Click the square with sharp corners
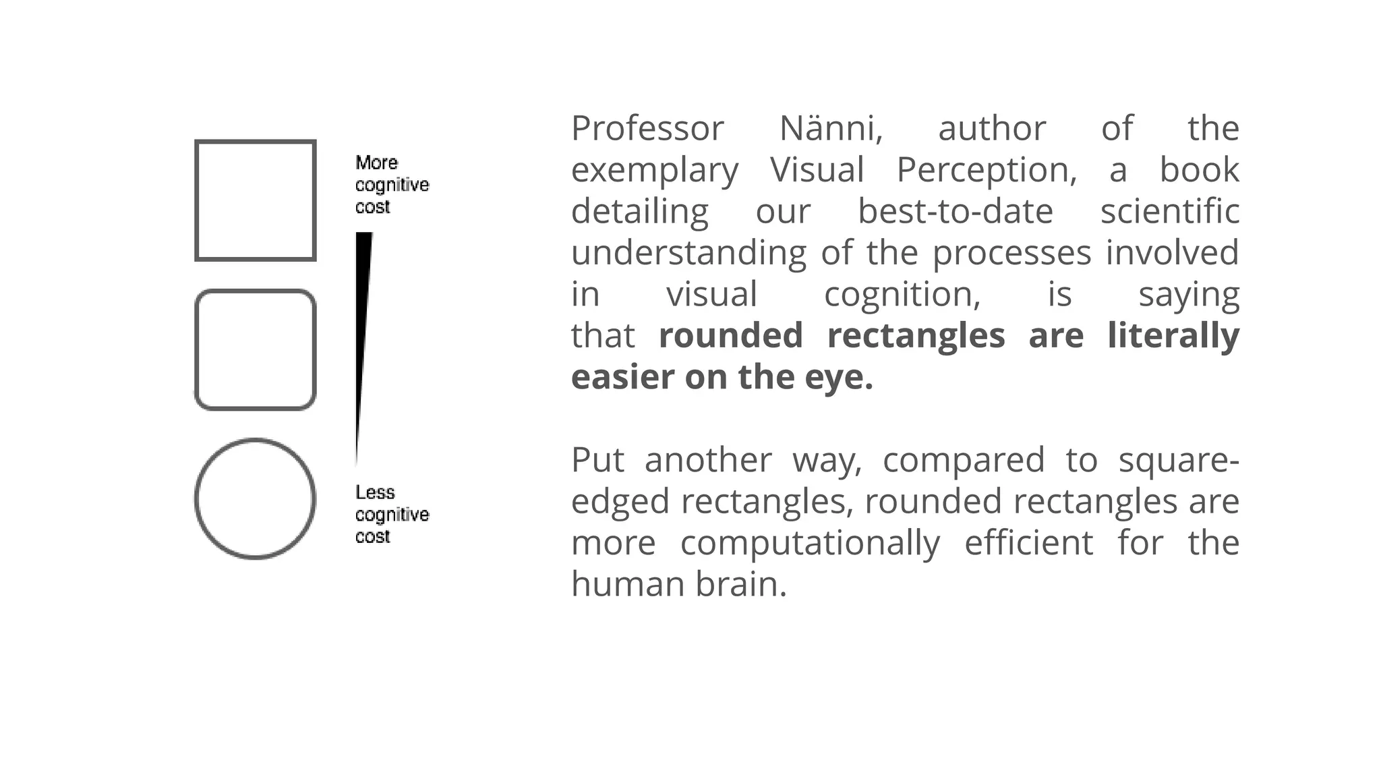(x=256, y=200)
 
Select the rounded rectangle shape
(x=256, y=350)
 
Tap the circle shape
(x=256, y=499)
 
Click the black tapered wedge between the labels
(x=363, y=324)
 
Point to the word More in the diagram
(x=376, y=163)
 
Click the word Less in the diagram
(x=375, y=492)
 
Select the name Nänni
(x=831, y=128)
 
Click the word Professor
(x=647, y=128)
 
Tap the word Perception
(x=987, y=170)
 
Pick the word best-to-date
(x=956, y=211)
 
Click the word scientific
(x=1170, y=211)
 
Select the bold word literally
(x=1173, y=336)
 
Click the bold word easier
(x=622, y=377)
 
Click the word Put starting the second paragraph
(x=597, y=460)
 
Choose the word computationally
(x=810, y=544)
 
